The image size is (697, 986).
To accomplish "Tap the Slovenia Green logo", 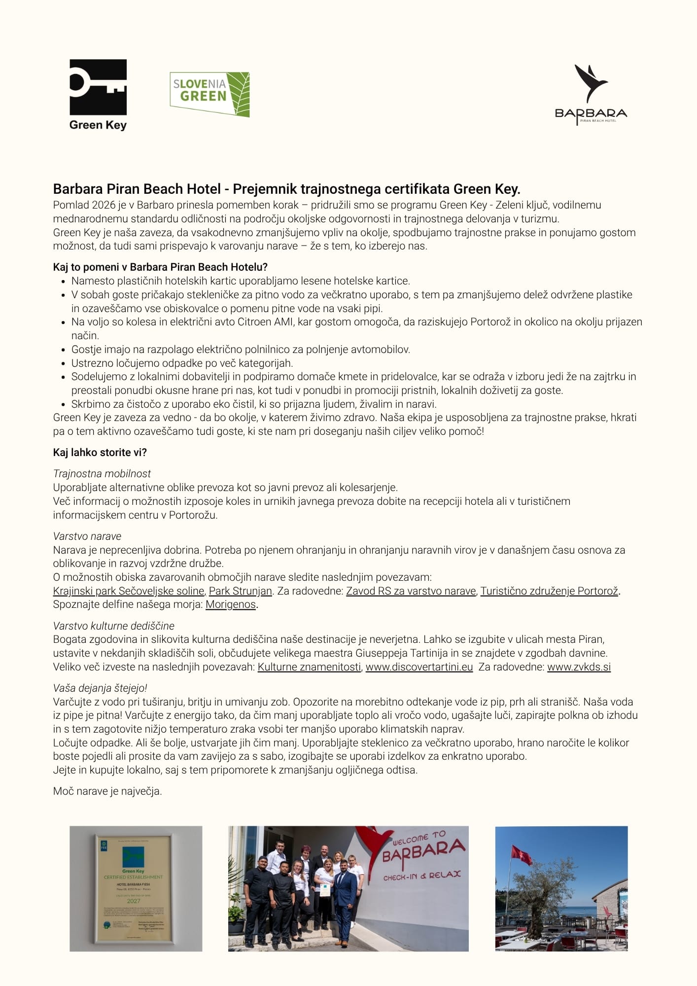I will tap(209, 94).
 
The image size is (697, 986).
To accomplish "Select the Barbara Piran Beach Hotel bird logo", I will tap(591, 94).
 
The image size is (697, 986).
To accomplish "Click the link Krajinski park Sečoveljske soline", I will tap(129, 591).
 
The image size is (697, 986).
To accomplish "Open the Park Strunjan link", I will tap(241, 591).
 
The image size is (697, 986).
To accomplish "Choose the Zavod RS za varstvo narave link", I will tap(411, 591).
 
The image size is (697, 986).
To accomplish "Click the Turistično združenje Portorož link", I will tap(549, 591).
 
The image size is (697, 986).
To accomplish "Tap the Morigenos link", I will tap(231, 604).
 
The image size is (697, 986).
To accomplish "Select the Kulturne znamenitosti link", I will tap(309, 667).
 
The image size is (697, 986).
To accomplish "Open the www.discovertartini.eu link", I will tap(419, 667).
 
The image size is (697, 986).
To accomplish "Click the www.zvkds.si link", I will tap(579, 667).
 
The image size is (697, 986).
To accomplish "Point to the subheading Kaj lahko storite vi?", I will tap(100, 453).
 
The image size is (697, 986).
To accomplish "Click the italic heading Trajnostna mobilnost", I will tap(102, 474).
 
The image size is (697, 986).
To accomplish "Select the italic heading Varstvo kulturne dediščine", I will tap(114, 626).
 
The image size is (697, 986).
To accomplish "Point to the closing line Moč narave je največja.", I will tap(107, 791).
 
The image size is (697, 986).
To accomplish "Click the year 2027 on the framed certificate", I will tap(134, 901).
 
